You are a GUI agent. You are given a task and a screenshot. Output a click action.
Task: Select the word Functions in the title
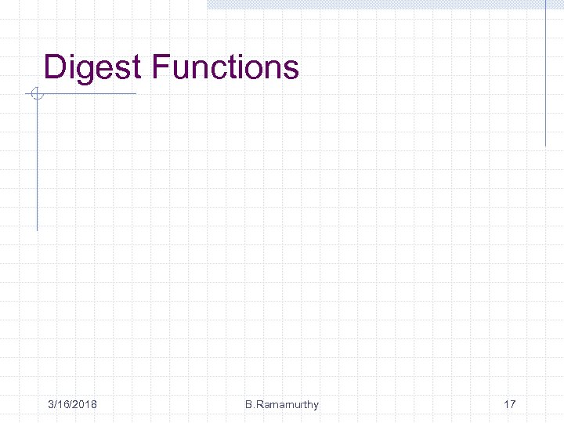coord(226,67)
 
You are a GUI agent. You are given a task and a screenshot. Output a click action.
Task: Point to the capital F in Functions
coord(161,67)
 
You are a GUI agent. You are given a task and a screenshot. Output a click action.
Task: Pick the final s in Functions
coord(291,69)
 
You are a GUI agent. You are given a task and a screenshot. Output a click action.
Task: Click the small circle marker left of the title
coord(35,95)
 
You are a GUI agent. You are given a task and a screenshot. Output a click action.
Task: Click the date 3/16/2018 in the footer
coord(72,404)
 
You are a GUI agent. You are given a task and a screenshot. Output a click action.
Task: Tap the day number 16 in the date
coord(63,404)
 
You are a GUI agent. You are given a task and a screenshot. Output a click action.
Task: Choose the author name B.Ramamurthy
coord(281,404)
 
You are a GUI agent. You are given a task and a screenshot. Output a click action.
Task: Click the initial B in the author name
coord(248,404)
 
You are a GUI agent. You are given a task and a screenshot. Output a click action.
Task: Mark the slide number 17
coord(509,404)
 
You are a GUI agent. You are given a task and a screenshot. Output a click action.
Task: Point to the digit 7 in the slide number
coord(512,404)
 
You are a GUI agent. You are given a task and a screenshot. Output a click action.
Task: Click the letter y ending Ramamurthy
coord(316,406)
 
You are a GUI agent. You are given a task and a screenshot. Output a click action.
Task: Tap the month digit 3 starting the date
coord(50,404)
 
